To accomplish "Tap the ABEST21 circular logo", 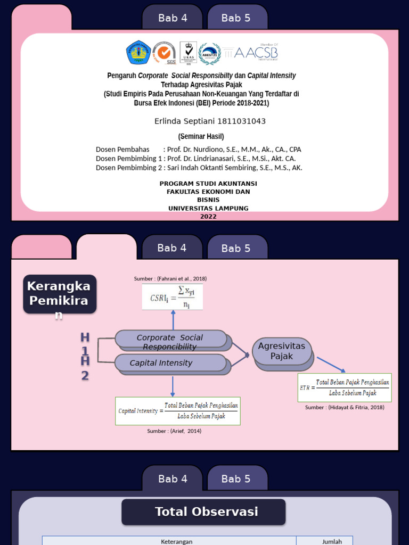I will (x=209, y=53).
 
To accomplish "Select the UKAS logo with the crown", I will (x=188, y=53).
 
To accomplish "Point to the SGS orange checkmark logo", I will (x=164, y=53).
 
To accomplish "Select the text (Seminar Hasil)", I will (x=201, y=136).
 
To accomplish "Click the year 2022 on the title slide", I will (x=208, y=217).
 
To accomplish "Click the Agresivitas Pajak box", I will (x=282, y=351).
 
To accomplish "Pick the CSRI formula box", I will (x=173, y=297).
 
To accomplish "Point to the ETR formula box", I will (x=345, y=387).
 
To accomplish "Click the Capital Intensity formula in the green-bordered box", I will (x=178, y=411).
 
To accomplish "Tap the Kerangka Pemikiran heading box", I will (x=60, y=293).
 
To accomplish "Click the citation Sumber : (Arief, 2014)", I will (x=174, y=431).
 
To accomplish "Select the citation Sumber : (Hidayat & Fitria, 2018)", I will (x=345, y=407).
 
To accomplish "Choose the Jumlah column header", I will (x=332, y=541).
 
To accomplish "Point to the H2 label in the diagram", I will (x=85, y=368).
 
